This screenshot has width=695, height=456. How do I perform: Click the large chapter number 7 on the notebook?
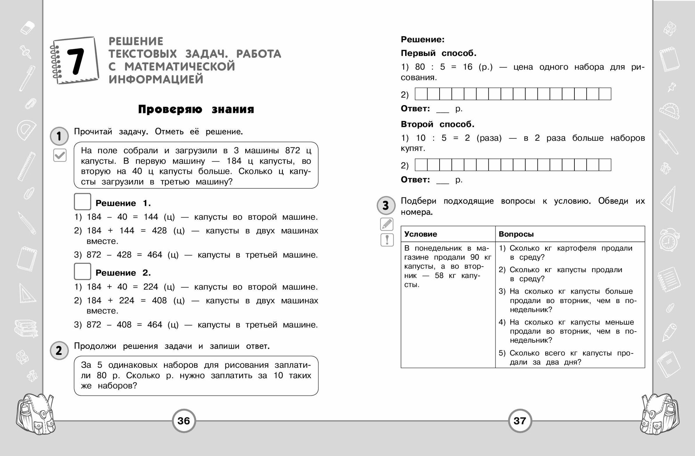coord(75,61)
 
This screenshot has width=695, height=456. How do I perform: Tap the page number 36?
coord(184,421)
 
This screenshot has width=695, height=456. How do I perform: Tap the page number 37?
coord(520,421)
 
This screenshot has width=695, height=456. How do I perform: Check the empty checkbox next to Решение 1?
coord(82,202)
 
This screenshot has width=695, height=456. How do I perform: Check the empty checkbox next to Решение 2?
coord(82,271)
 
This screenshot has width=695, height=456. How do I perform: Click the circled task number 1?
coord(59,136)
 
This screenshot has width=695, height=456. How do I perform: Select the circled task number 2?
coord(59,350)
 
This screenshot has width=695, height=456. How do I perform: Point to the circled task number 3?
coord(386,205)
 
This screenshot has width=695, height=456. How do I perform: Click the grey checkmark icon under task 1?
coord(60,155)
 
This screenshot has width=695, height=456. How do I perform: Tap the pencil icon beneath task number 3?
coord(387,225)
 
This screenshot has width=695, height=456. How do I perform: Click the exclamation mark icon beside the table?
coord(387,240)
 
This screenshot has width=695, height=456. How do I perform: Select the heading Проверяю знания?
coord(196,109)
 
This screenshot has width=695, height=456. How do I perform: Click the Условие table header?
coord(421,234)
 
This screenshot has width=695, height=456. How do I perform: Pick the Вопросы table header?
coord(516,234)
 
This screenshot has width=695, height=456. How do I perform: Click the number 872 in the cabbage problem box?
coord(292,150)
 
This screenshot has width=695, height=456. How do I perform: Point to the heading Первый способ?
coord(439,53)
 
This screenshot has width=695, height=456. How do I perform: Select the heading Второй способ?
coord(438,124)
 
